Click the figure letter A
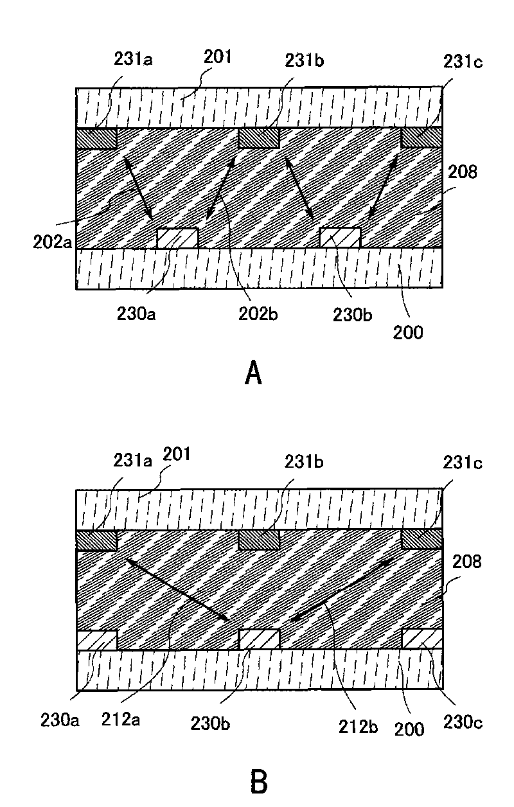pos(254,373)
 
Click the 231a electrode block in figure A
pos(96,138)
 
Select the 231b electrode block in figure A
pos(259,138)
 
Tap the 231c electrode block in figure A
pos(421,138)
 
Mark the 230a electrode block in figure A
pos(178,238)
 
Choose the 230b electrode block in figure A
pos(340,238)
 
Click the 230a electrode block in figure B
pos(96,640)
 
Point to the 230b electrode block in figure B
pos(259,639)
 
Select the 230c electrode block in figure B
pos(421,640)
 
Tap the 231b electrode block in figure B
pos(259,540)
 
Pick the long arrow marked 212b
pos(344,590)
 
